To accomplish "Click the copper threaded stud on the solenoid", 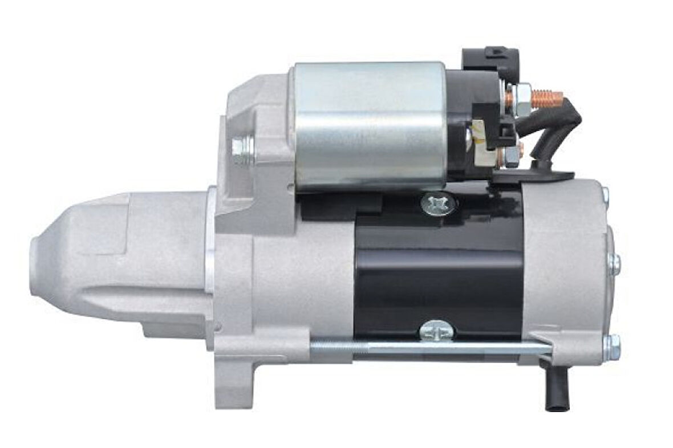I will [548, 97].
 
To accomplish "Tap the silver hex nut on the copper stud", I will [522, 97].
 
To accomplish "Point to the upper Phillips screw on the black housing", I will [438, 203].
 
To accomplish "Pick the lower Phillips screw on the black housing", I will [436, 331].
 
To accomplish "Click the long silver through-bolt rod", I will [428, 346].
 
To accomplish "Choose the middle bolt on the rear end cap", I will [614, 263].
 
